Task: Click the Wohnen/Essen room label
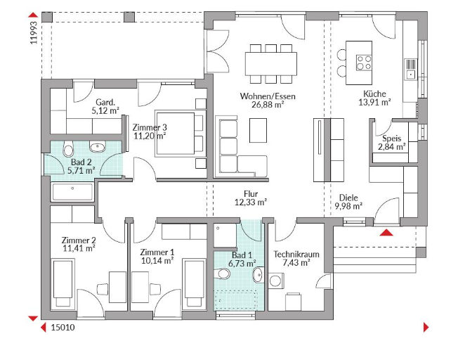268,96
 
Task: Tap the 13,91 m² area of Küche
374,103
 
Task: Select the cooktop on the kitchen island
364,63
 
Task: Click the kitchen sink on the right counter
411,69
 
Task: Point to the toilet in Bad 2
68,148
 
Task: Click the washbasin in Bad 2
97,147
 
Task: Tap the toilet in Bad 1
222,274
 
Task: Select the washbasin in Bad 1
259,275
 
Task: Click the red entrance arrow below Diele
386,233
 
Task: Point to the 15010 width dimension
63,327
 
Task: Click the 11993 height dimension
34,33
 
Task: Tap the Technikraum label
296,254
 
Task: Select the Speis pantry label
392,139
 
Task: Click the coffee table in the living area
258,130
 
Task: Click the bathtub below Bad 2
72,192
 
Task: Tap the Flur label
251,193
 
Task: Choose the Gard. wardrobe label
105,103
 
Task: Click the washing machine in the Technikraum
275,281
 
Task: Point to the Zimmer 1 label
157,252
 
